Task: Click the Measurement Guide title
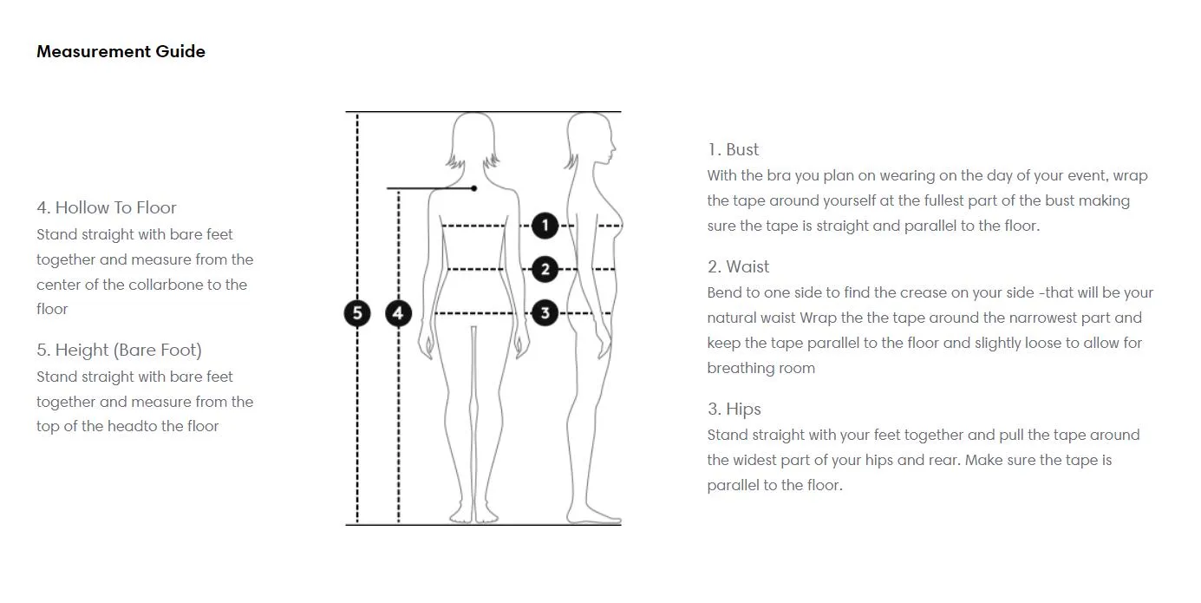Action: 121,51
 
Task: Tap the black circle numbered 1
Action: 545,226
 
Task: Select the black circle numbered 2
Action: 545,269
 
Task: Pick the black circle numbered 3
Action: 545,312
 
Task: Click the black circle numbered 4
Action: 398,313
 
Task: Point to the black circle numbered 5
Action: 357,313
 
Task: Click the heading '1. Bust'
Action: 733,150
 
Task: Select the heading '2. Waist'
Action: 738,266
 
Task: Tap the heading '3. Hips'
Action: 734,410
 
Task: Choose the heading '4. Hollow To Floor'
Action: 106,207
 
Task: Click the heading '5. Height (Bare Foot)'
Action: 119,351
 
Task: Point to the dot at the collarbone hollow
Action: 474,188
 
